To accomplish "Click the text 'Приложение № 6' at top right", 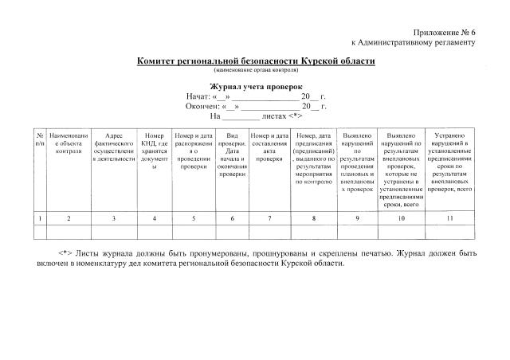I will [441, 29].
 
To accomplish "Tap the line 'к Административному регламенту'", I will [413, 41].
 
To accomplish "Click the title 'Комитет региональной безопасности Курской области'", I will [255, 61].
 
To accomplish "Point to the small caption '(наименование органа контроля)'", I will [255, 70].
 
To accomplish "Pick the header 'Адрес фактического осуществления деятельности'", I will [115, 147].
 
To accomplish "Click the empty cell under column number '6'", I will [232, 231].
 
